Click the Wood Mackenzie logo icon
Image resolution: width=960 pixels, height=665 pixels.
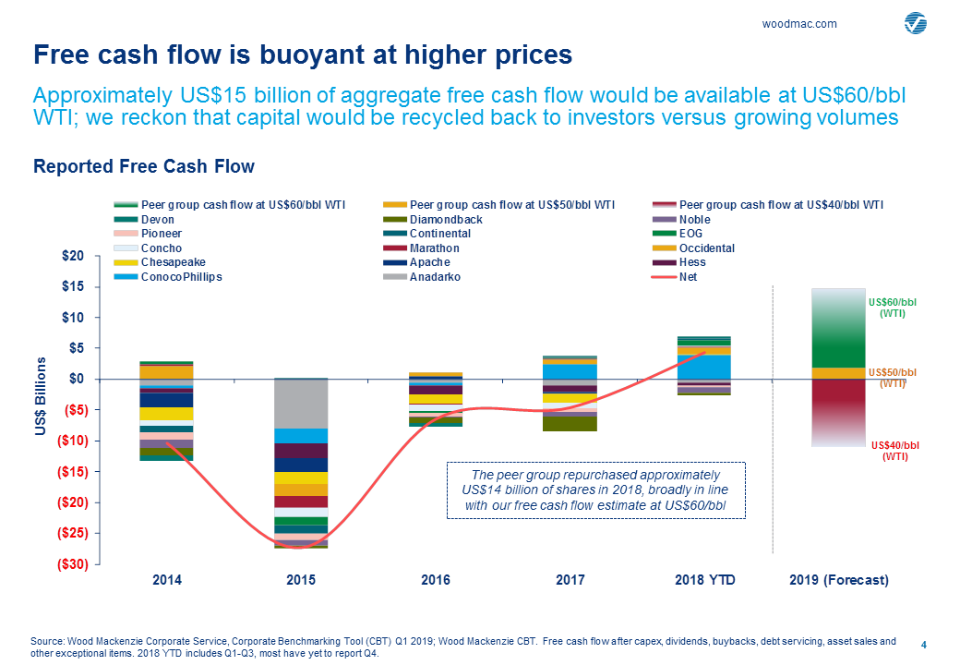pos(916,23)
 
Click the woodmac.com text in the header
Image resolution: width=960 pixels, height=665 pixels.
pos(799,24)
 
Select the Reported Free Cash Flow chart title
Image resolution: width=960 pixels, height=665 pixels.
pos(143,166)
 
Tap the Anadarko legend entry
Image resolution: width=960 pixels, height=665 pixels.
pos(437,277)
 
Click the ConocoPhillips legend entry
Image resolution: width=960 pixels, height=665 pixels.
pos(181,277)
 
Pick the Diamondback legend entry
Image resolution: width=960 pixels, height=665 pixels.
pos(446,220)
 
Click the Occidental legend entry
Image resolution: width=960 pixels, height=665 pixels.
pos(706,248)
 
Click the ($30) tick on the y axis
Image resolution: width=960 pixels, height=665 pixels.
pos(67,564)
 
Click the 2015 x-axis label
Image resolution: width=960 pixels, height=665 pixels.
pos(301,580)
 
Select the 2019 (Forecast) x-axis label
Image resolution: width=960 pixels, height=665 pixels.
pos(839,580)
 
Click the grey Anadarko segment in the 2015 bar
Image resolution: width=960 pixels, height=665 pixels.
pos(301,404)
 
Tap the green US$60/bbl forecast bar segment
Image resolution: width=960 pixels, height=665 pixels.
pos(838,332)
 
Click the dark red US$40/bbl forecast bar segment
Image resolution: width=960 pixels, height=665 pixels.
pos(838,406)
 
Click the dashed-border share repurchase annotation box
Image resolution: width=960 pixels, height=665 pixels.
pos(595,490)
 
